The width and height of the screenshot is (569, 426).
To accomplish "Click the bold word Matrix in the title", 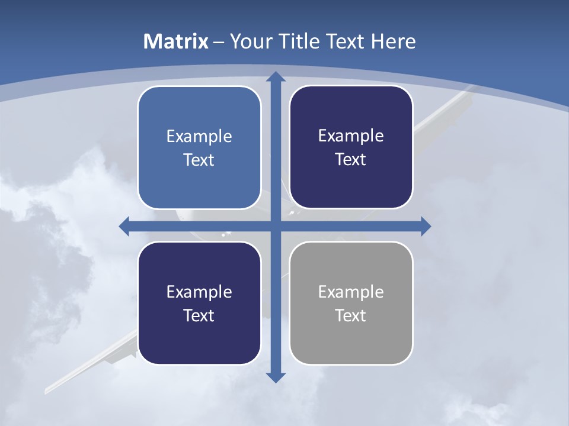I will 176,41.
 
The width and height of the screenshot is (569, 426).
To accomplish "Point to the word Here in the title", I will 394,41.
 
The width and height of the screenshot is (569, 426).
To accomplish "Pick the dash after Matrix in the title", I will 219,42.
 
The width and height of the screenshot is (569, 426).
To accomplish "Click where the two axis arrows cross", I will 275,226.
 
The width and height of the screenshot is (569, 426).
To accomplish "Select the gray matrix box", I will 351,343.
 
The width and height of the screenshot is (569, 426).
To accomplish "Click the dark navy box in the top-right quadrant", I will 351,183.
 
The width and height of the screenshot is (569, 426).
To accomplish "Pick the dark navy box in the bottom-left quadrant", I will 199,343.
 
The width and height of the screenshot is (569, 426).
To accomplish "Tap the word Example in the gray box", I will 351,292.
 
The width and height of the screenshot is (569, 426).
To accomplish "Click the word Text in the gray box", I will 351,315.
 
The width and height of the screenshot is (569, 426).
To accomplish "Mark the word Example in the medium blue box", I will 199,136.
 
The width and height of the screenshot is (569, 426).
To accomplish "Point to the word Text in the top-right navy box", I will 351,160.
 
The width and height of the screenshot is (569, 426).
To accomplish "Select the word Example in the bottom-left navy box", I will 199,292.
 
